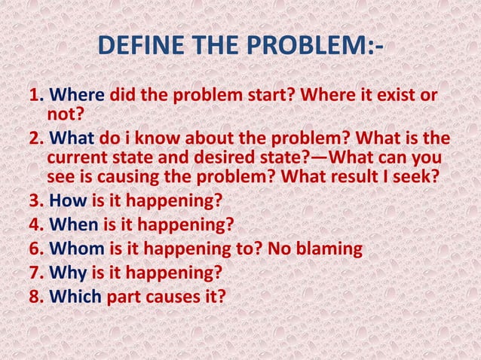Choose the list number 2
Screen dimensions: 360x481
[35, 139]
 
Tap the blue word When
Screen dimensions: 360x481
[74, 223]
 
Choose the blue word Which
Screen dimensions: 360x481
[75, 296]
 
